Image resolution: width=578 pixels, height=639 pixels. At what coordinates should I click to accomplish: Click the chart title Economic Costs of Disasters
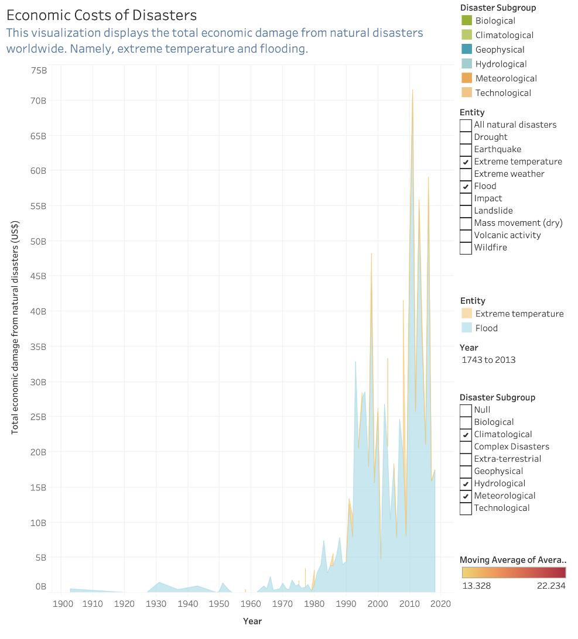(101, 15)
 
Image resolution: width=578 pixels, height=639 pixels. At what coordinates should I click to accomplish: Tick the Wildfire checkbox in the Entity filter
(466, 248)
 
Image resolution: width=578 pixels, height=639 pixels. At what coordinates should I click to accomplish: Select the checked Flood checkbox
(466, 186)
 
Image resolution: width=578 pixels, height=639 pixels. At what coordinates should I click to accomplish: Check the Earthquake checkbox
(466, 149)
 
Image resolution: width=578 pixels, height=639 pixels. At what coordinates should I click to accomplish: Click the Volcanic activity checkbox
(466, 235)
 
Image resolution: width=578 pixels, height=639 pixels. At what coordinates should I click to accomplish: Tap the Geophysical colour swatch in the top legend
(467, 50)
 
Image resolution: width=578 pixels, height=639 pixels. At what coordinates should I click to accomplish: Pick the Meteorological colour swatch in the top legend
(467, 78)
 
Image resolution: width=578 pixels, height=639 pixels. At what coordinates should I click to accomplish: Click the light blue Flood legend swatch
(467, 328)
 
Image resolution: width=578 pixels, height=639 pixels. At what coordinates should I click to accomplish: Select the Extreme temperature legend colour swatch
(467, 314)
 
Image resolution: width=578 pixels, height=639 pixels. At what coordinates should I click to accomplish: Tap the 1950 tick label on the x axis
(219, 604)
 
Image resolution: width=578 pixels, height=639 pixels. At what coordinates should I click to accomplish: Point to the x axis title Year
(252, 621)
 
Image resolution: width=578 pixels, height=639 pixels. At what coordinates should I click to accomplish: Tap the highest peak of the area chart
(412, 91)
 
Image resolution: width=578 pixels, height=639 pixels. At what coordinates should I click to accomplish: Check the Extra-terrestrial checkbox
(466, 459)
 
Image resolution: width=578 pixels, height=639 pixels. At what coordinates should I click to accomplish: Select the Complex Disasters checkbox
(466, 446)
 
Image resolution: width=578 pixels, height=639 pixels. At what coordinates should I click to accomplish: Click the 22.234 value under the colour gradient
(551, 586)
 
